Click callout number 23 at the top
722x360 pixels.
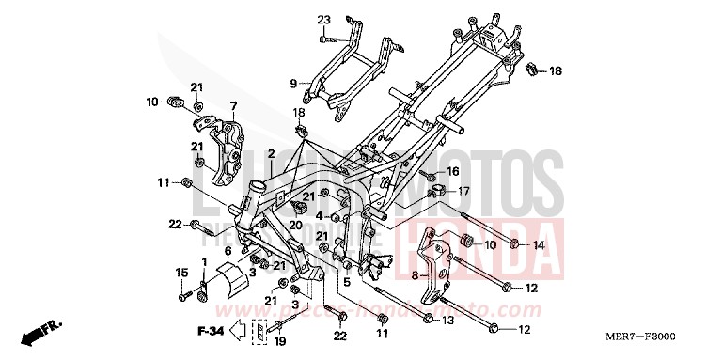324,21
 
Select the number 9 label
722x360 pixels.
293,83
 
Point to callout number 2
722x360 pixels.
270,153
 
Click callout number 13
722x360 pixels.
447,321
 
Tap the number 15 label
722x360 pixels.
180,272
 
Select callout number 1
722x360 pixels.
204,259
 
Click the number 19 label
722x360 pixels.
278,342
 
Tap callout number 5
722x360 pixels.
346,282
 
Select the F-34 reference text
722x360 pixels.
211,330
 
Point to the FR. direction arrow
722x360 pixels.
43,330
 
